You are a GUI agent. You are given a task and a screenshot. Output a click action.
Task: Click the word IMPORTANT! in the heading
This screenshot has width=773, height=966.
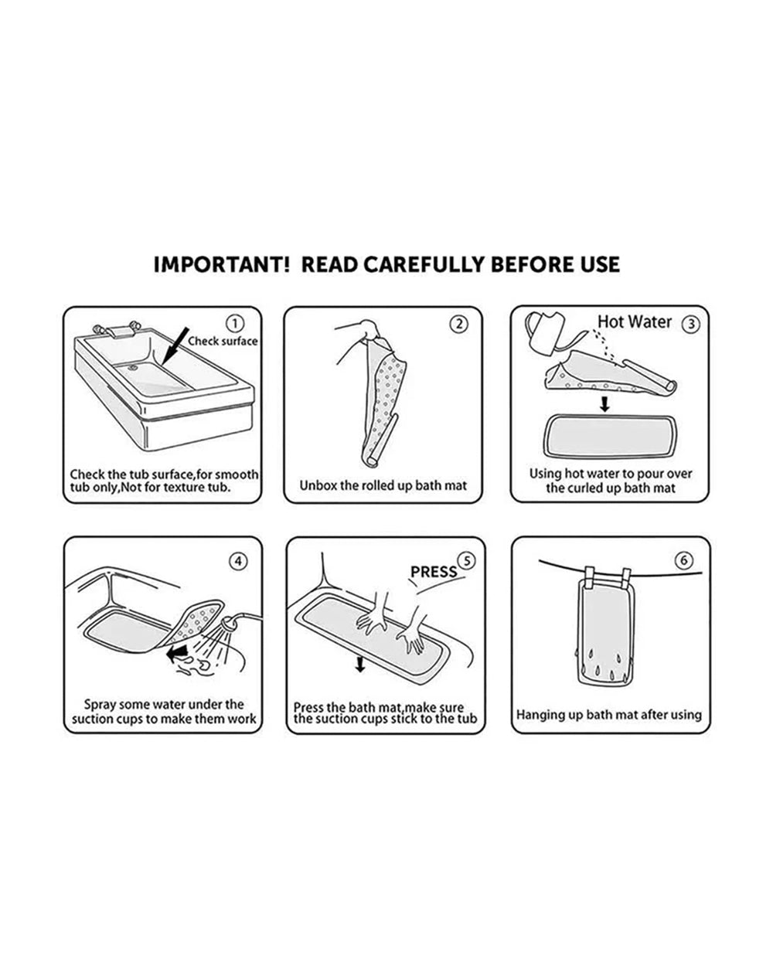click(222, 264)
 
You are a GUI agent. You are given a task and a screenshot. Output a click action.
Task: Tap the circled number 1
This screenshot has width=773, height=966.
click(235, 323)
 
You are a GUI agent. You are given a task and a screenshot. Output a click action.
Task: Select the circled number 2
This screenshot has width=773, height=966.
click(459, 324)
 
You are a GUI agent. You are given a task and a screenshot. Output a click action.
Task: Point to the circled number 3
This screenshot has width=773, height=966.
click(691, 324)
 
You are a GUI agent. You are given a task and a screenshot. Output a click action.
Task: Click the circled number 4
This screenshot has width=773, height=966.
click(239, 561)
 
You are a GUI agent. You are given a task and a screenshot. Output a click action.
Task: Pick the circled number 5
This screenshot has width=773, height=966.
click(467, 560)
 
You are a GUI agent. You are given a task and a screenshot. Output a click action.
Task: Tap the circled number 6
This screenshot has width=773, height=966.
click(684, 560)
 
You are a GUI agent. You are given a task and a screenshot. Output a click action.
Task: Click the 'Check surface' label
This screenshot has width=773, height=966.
click(223, 341)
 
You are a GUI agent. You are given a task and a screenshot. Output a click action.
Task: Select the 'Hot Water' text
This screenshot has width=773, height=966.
click(634, 321)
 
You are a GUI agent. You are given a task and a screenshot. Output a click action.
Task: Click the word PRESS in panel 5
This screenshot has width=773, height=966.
click(434, 572)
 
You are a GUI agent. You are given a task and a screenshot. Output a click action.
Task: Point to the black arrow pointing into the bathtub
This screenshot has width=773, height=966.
click(175, 345)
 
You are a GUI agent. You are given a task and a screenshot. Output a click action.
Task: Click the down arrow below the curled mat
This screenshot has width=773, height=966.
click(605, 404)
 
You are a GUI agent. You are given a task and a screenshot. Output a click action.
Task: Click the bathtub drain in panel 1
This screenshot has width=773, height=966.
click(133, 368)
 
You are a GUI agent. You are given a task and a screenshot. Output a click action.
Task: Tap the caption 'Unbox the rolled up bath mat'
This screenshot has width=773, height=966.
click(383, 485)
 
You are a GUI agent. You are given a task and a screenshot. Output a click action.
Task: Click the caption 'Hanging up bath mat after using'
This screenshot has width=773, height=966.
click(609, 715)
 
